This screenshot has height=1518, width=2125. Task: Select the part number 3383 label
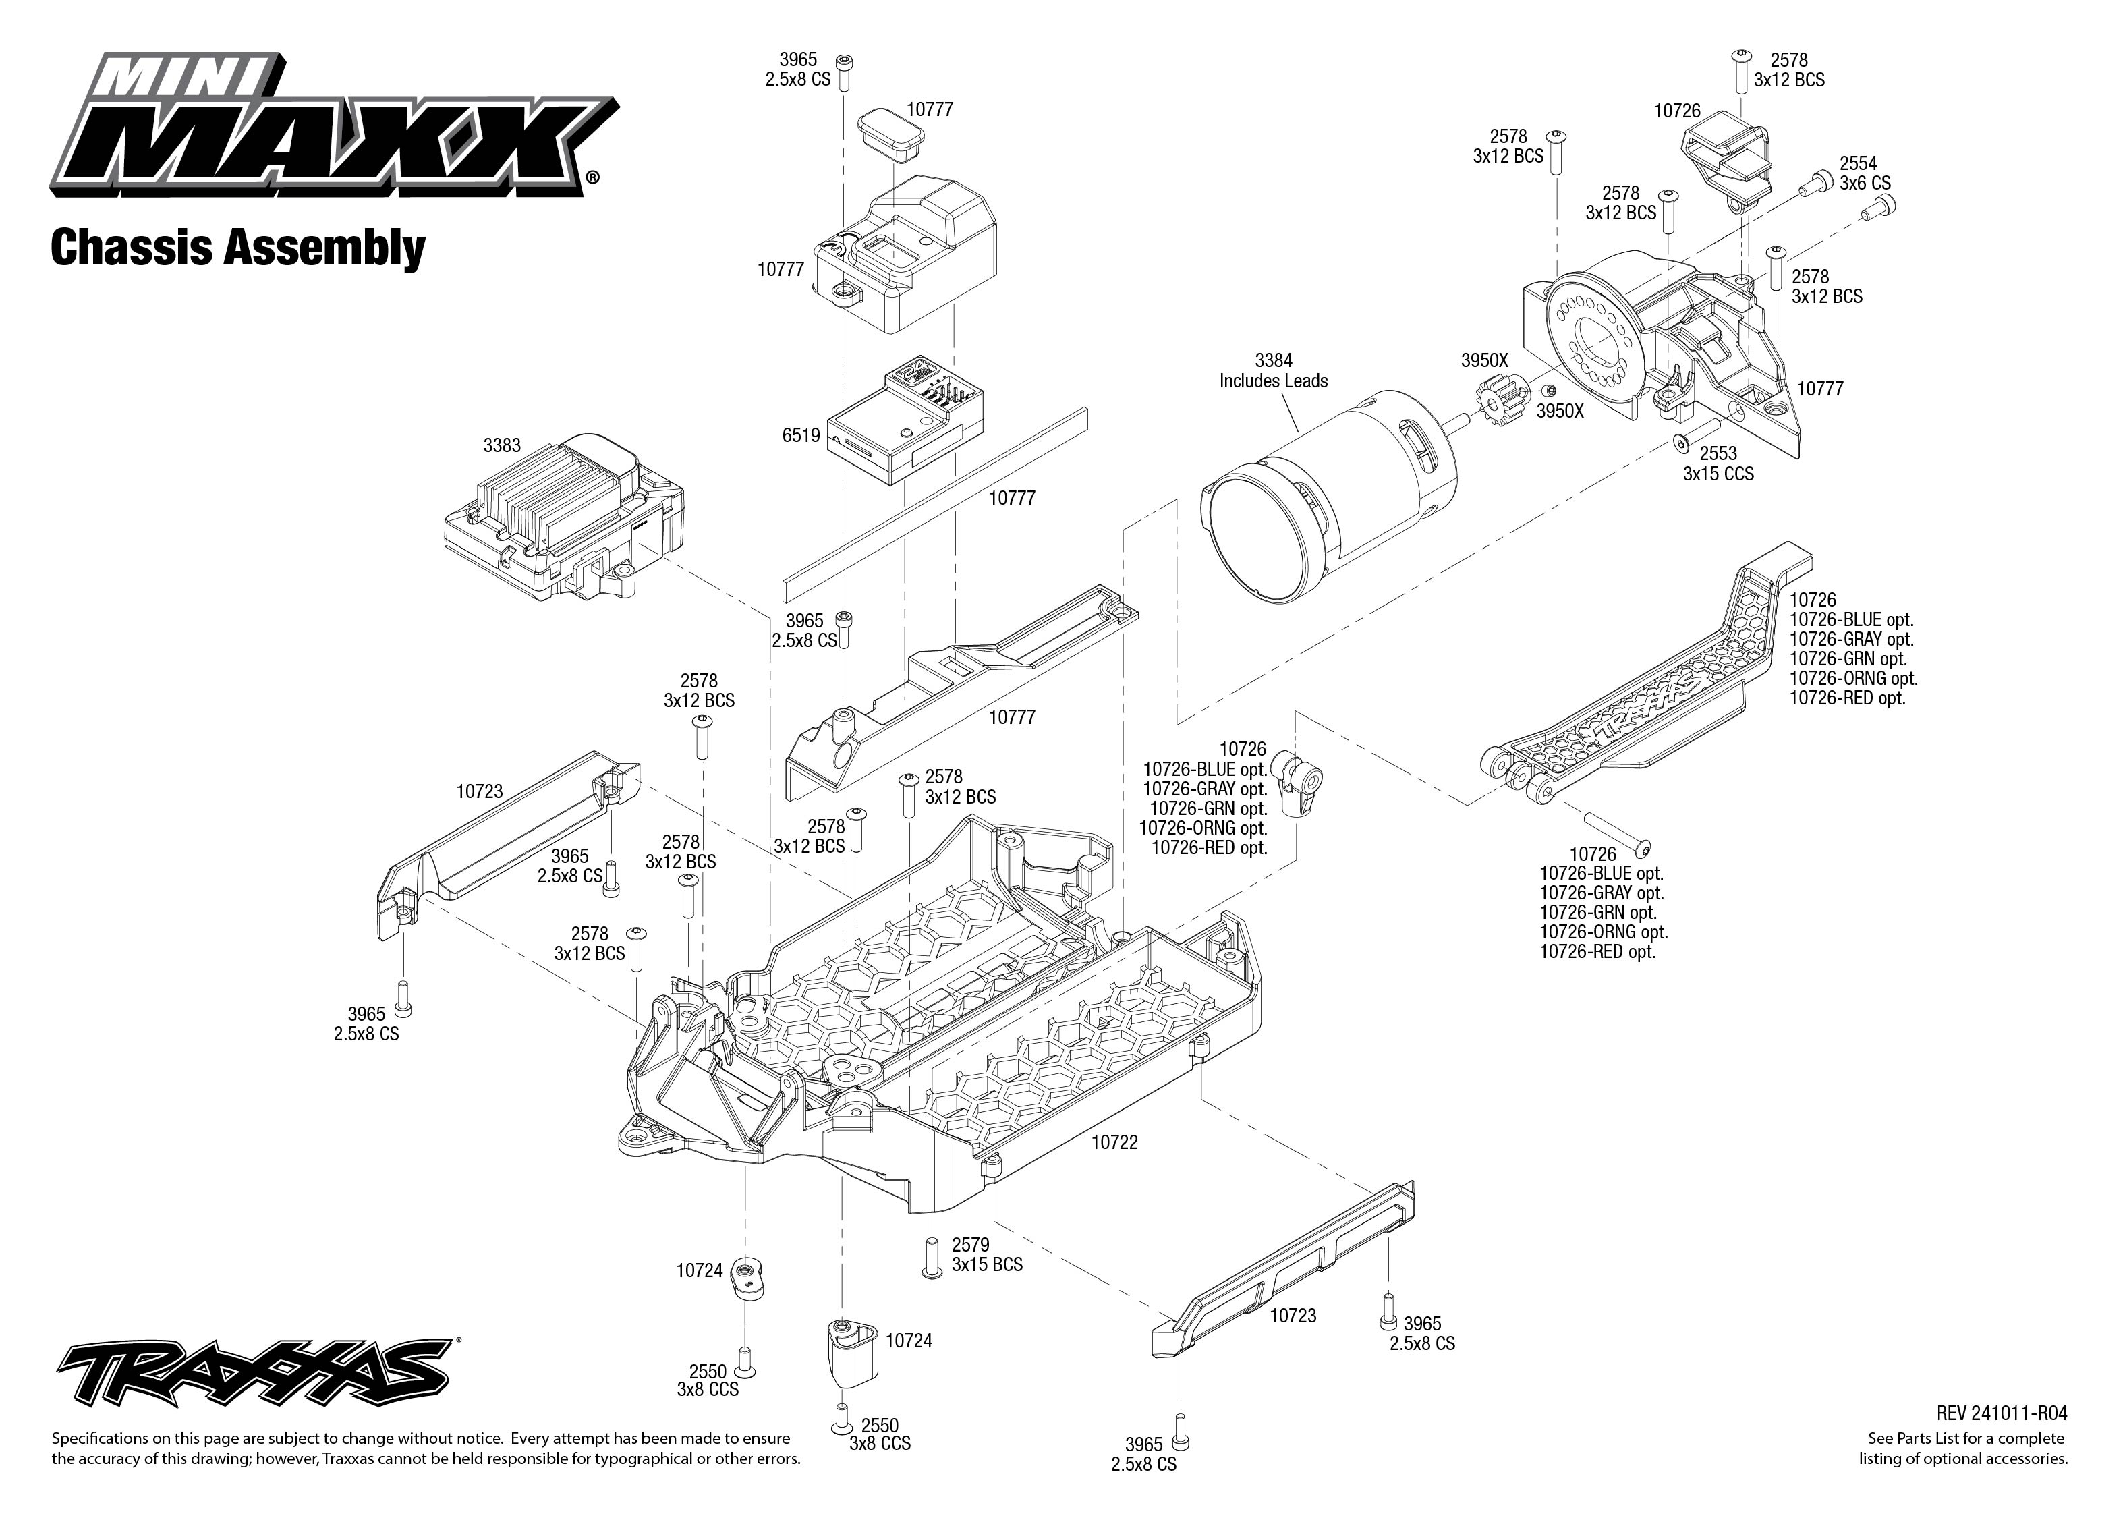502,446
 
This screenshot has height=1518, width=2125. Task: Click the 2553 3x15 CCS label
1718,463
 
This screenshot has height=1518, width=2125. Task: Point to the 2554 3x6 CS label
1865,173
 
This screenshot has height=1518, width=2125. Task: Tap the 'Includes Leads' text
1273,381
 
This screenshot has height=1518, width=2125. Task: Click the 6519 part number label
801,436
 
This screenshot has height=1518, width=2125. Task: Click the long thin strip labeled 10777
934,505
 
